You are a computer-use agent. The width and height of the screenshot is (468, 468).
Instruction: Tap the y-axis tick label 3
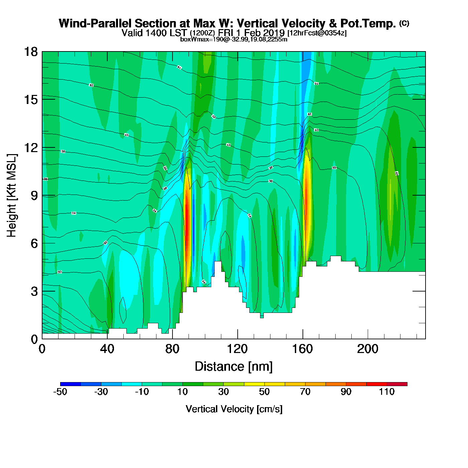click(x=34, y=291)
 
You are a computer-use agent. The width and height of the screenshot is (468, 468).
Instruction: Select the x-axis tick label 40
click(x=107, y=349)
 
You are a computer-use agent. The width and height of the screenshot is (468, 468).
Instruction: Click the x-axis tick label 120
click(x=237, y=349)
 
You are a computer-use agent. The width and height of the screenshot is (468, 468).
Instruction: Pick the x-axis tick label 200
click(x=368, y=349)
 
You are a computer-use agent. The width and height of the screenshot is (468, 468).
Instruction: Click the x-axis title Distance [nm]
click(x=234, y=366)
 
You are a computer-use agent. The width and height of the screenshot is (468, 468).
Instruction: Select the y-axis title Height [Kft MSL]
click(x=12, y=196)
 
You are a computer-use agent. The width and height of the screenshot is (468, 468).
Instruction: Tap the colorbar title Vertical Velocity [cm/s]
click(x=234, y=409)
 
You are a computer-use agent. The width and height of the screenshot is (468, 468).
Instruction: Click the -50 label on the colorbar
click(x=60, y=392)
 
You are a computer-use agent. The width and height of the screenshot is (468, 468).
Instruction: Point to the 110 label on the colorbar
click(x=387, y=392)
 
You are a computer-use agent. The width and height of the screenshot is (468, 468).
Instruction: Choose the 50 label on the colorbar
click(x=264, y=392)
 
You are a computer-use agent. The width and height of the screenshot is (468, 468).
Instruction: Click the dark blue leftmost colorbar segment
click(x=71, y=384)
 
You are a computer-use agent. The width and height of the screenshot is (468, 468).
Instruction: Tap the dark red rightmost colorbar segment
click(x=397, y=384)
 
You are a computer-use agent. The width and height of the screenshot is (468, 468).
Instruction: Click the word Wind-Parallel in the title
click(x=95, y=23)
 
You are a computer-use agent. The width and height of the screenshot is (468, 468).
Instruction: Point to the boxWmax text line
click(x=234, y=39)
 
